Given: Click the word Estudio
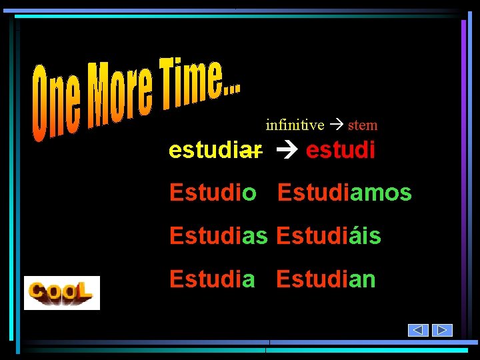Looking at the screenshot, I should click(x=213, y=193).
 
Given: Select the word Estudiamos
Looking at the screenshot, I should click(x=344, y=193).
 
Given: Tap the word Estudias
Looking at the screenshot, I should click(x=218, y=235).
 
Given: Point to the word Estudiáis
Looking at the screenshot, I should click(x=328, y=235).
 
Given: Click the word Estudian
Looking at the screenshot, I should click(x=326, y=279).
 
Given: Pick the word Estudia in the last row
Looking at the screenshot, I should click(x=212, y=279).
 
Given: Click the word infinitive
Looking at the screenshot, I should click(x=295, y=125).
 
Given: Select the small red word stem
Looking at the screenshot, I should click(x=363, y=125).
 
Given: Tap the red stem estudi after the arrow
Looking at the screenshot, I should click(x=340, y=150).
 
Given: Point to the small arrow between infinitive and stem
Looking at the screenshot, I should click(x=337, y=125).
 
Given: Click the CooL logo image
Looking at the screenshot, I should click(x=62, y=293).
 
